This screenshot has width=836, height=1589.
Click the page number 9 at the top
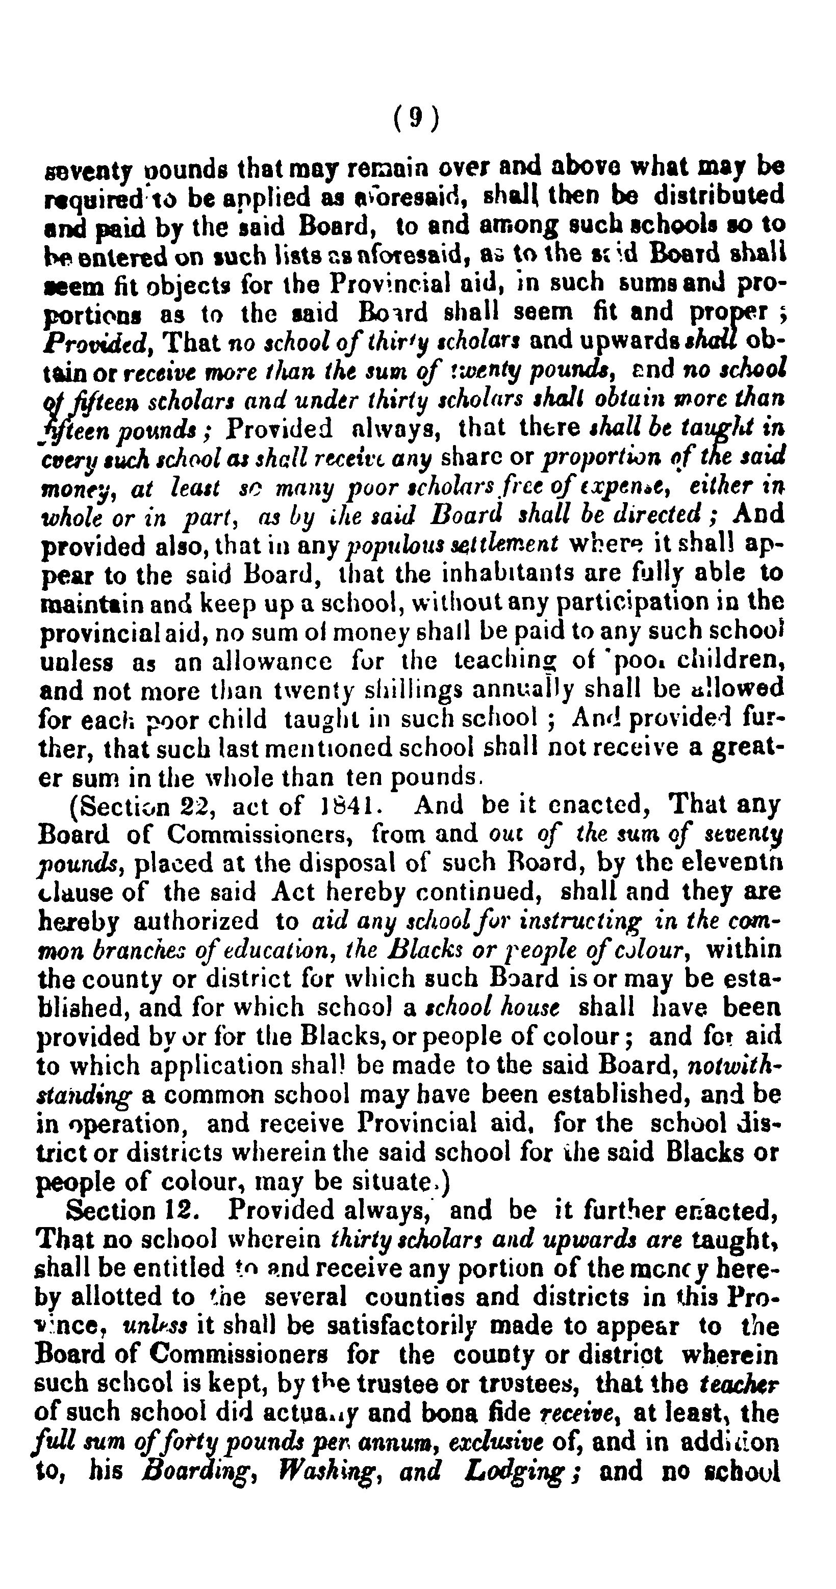click(417, 117)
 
